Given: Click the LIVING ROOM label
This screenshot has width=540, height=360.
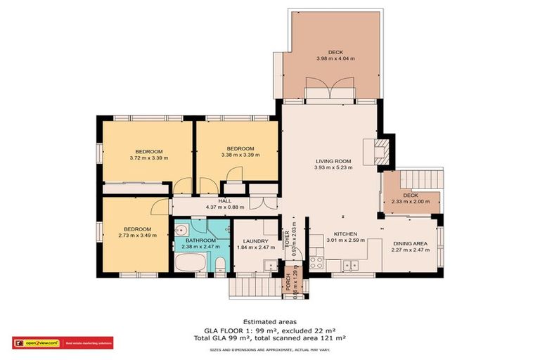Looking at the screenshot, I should [334, 161].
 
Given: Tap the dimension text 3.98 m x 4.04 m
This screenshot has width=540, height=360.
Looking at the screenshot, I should [334, 60].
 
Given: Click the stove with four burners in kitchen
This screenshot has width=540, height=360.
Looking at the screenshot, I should [316, 264].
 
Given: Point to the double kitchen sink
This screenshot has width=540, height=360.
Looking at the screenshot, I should [349, 265].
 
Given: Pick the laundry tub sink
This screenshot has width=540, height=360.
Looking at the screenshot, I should [268, 265].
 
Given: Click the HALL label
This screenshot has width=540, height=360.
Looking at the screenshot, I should [224, 201].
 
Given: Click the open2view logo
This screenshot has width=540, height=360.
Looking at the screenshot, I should [36, 343].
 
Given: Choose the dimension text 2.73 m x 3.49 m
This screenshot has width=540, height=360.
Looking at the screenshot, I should [138, 236].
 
